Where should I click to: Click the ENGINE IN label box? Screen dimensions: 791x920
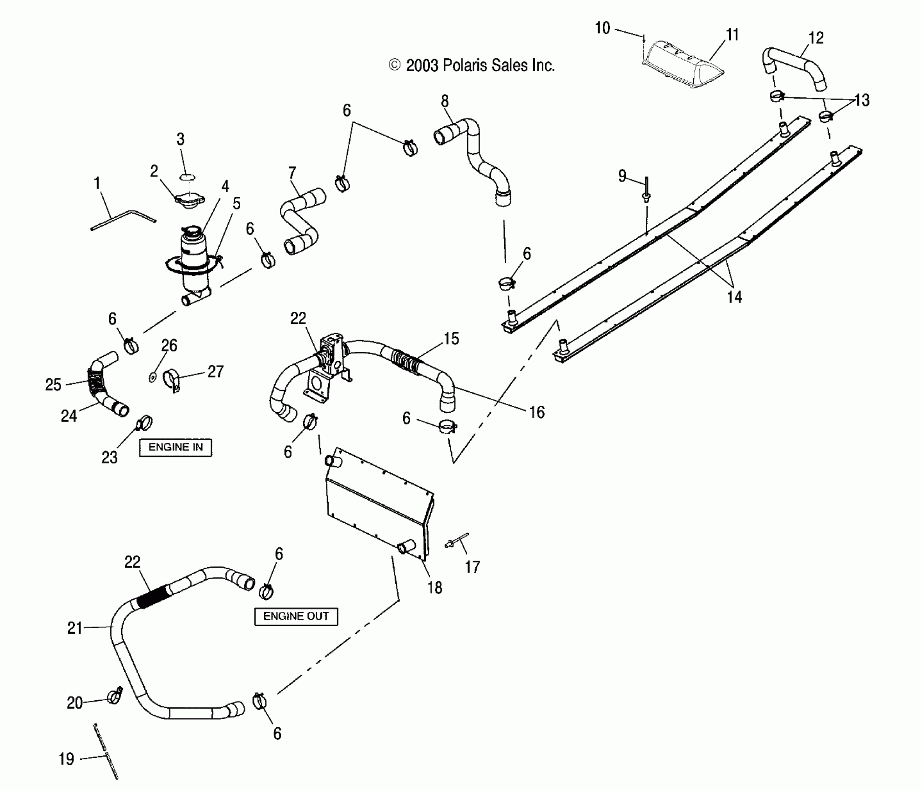176,447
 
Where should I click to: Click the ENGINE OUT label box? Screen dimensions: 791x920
296,617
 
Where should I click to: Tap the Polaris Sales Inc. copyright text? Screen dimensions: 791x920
472,66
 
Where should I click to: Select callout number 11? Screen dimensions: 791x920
732,35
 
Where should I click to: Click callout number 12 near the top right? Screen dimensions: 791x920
816,38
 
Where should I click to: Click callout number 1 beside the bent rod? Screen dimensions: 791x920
97,183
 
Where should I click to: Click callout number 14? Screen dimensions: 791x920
734,296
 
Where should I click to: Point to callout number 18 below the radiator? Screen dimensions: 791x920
434,588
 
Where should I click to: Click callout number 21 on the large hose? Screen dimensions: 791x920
75,628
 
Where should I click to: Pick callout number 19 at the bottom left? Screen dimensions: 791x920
66,759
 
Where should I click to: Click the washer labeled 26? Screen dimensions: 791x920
152,377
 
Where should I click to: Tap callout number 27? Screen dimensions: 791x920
215,371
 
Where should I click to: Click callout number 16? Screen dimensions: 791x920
536,412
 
